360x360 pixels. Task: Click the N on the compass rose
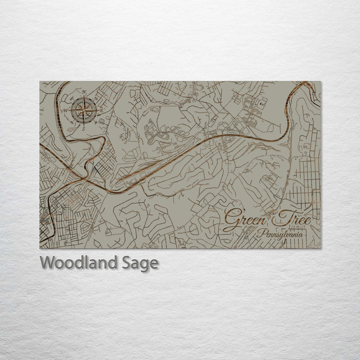coord(84,91)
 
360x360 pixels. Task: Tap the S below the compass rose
coord(84,128)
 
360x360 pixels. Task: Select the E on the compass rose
coord(101,109)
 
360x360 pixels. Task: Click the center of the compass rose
coord(83,110)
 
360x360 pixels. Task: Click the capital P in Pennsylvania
coord(259,233)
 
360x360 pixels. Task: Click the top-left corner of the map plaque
coord(40,81)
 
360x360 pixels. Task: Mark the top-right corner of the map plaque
coord(321,81)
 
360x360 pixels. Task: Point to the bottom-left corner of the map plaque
coord(40,248)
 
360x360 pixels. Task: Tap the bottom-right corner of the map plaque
coord(321,248)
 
